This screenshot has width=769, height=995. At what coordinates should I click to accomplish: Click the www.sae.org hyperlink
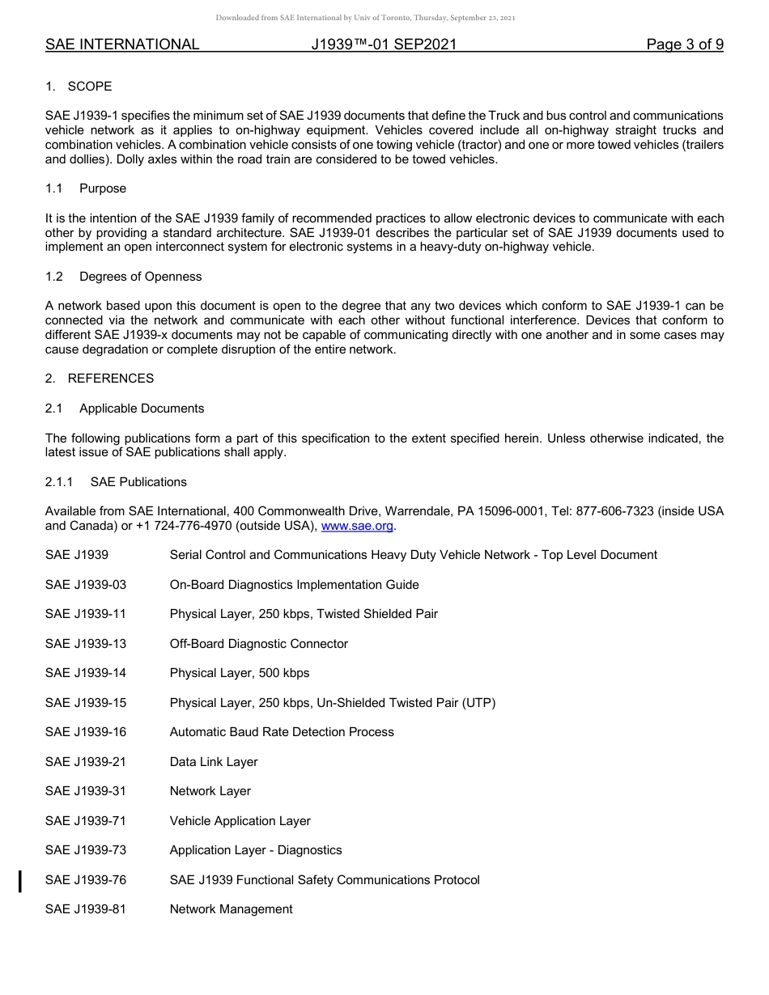coord(357,526)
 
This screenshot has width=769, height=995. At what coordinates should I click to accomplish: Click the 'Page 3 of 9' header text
coord(685,44)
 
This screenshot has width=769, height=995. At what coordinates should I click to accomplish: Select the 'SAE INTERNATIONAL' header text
coord(122,44)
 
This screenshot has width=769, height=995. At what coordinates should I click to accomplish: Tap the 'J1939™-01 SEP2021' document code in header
coord(384,44)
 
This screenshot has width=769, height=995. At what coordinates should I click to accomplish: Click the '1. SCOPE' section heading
coord(79,87)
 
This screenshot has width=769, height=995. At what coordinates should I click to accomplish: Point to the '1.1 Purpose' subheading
coord(86,188)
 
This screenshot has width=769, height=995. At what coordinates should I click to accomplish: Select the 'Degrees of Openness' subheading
coord(141,277)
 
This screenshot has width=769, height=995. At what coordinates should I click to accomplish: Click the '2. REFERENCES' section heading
coord(100,379)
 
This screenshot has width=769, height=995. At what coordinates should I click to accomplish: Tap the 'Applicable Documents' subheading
coord(142,409)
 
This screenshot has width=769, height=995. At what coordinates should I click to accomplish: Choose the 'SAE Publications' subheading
coord(138,482)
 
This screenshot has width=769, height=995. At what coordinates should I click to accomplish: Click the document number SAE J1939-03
coord(86,585)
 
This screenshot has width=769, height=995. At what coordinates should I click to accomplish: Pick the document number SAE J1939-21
coord(86,762)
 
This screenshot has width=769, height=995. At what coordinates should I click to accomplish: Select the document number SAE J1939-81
coord(86,909)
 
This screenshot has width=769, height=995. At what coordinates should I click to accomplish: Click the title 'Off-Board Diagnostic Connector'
coord(258,644)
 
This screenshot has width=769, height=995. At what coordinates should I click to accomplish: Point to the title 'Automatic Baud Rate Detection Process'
coord(282,732)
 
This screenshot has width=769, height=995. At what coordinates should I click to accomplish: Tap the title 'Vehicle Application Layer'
coord(240,821)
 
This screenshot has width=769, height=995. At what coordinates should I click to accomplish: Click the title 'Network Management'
coord(231,909)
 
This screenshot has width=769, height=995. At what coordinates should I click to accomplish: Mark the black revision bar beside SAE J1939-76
coord(20,880)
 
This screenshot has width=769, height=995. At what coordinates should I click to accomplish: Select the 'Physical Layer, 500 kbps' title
coord(239,673)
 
